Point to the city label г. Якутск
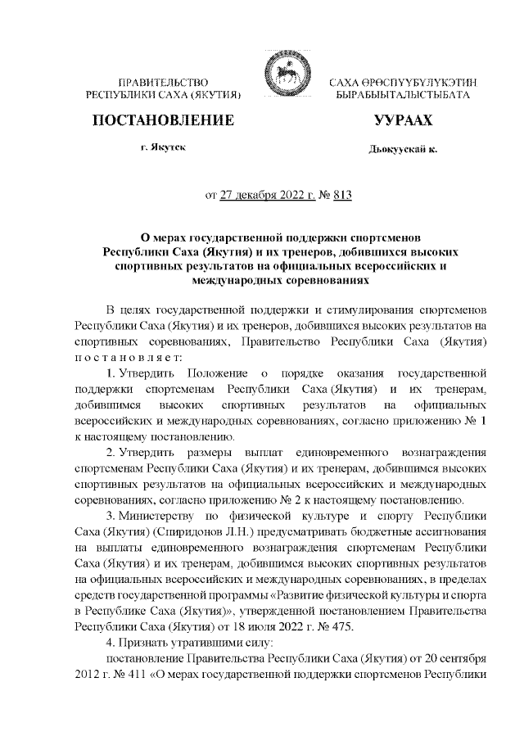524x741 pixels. [x=163, y=149]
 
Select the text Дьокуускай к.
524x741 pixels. [x=402, y=150]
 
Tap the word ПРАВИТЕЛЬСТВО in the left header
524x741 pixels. [x=163, y=83]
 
